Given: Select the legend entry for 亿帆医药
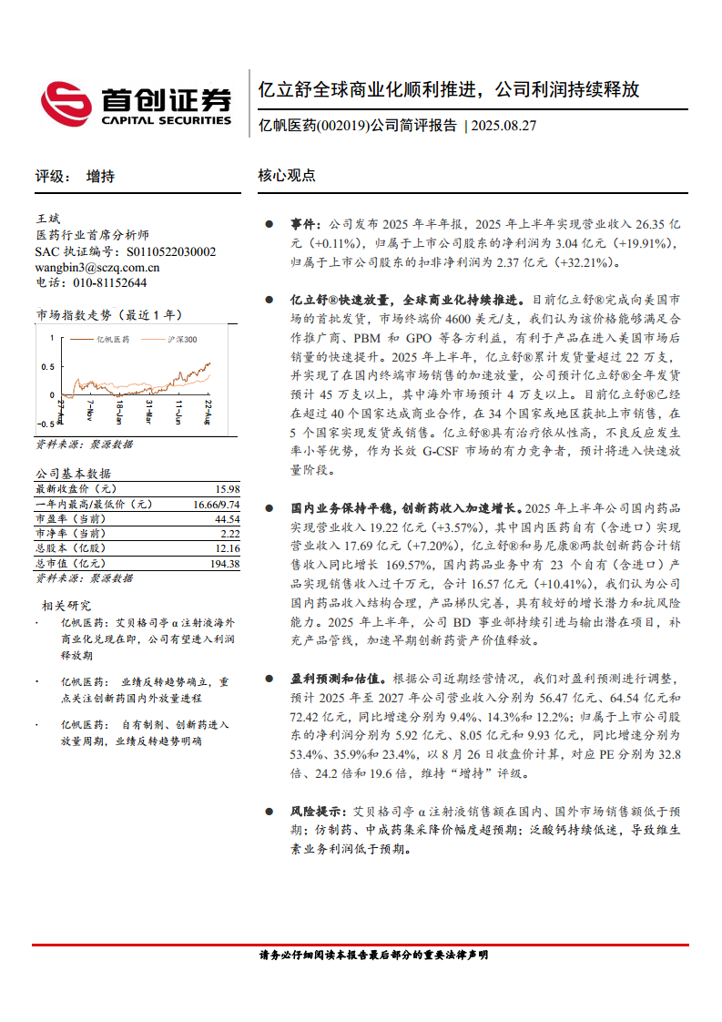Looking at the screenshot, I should tap(112, 339).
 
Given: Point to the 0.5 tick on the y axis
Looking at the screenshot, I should tap(46, 367).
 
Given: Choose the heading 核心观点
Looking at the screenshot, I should tap(286, 176).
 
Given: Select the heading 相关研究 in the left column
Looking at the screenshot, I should tap(66, 605).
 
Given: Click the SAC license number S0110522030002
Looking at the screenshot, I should tap(171, 251).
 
